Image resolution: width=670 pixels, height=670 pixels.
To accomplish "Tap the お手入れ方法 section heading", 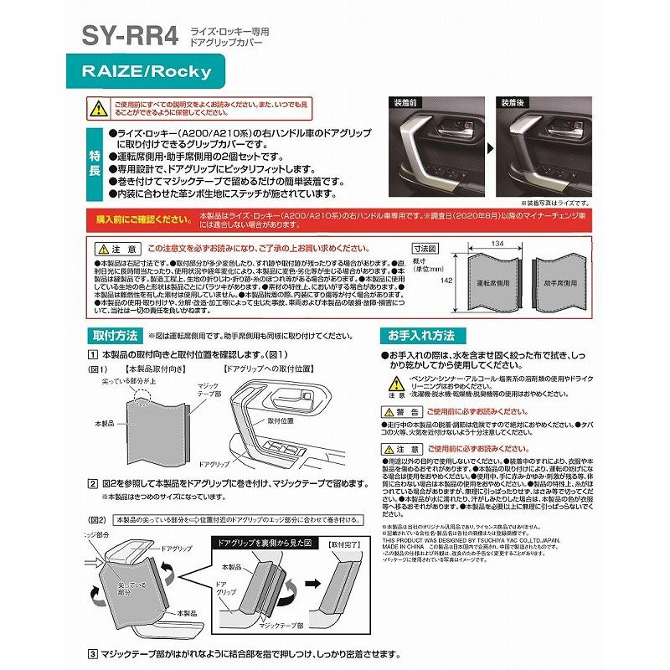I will tap(420, 335).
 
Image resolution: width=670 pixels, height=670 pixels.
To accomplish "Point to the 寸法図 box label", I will tap(427, 250).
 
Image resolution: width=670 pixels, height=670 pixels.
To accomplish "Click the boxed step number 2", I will tap(93, 483).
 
